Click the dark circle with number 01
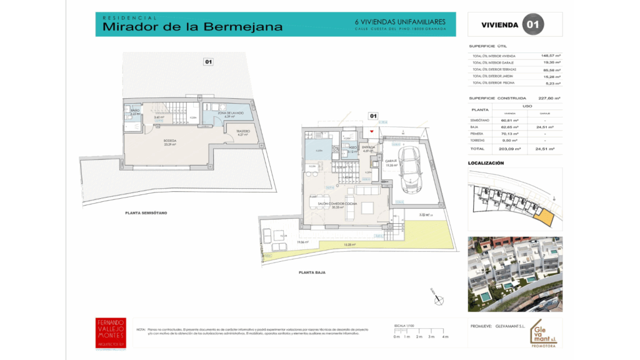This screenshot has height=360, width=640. point(533,25)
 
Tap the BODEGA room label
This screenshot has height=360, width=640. point(170,141)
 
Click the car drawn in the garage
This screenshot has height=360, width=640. point(411,167)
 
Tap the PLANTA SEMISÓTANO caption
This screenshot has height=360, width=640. point(146,213)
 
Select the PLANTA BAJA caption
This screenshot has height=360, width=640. point(311,272)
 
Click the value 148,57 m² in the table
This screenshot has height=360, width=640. point(551,56)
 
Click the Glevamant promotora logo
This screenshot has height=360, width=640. point(543,333)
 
